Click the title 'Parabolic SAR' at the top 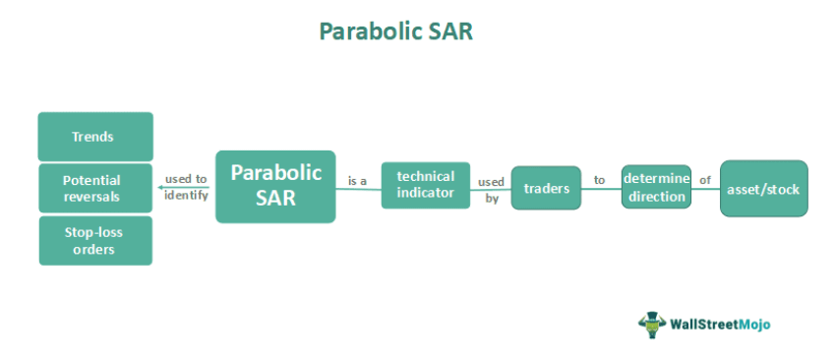[396, 31]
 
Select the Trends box [94, 137]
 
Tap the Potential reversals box [94, 188]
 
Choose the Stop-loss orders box [95, 241]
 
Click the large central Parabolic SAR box [275, 185]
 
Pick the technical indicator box [426, 185]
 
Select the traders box [547, 188]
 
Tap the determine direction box [656, 187]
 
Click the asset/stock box [763, 188]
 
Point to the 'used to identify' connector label [187, 187]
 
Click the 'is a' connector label [357, 182]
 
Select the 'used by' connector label [491, 190]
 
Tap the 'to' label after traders [599, 181]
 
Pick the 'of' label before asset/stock [704, 181]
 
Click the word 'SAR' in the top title [447, 31]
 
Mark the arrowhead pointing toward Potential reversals [159, 188]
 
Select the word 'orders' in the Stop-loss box [95, 250]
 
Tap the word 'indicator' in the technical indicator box [426, 193]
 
